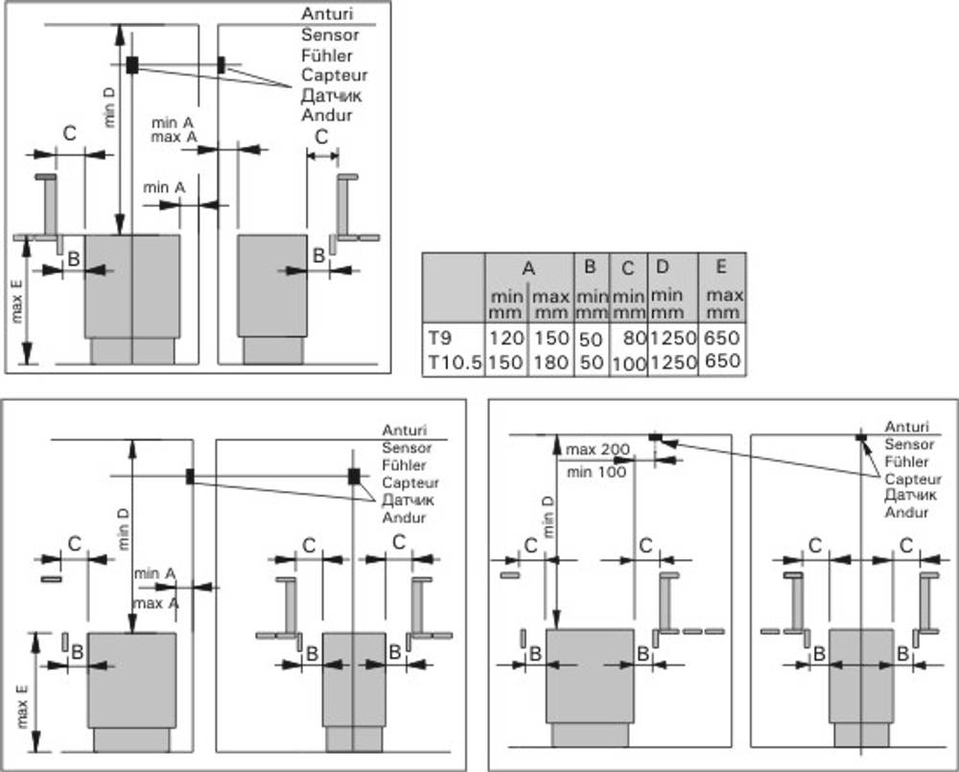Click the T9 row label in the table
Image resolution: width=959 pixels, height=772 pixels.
439,337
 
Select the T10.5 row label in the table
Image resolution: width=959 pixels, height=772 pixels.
455,363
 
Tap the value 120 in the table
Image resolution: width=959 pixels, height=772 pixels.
506,338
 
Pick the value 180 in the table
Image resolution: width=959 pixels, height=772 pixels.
551,363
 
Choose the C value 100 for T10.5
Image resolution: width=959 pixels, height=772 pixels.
629,363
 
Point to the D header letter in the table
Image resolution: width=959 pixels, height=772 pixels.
663,266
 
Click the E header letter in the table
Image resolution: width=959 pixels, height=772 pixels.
721,266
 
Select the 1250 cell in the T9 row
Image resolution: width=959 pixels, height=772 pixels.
673,338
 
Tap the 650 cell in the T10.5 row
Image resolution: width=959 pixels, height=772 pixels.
722,361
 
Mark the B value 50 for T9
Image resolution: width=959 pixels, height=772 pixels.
592,339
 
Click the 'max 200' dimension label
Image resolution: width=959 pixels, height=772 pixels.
597,450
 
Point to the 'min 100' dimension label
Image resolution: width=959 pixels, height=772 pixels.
596,472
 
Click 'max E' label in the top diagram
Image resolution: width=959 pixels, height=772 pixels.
16,299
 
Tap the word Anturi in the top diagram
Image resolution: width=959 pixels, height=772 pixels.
327,13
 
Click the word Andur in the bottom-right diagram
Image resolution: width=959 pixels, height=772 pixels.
906,512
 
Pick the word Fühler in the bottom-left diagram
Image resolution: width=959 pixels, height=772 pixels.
404,465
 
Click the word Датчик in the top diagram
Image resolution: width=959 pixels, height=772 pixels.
332,96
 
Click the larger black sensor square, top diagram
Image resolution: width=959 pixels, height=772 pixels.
132,65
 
